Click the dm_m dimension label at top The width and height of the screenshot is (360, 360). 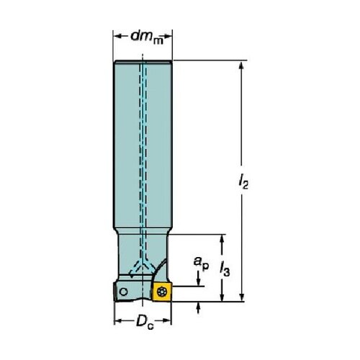pyautogui.click(x=147, y=37)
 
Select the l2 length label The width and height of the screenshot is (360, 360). pyautogui.click(x=243, y=181)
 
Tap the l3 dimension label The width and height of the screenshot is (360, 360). pyautogui.click(x=225, y=269)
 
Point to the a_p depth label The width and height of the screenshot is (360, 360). pyautogui.click(x=201, y=263)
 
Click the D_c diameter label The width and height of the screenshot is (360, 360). pyautogui.click(x=145, y=323)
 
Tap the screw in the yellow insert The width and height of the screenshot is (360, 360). pyautogui.click(x=161, y=292)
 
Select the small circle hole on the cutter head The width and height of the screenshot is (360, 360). pyautogui.click(x=124, y=292)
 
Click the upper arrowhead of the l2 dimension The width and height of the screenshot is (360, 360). pyautogui.click(x=241, y=66)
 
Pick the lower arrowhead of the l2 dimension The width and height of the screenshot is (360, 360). pyautogui.click(x=242, y=297)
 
